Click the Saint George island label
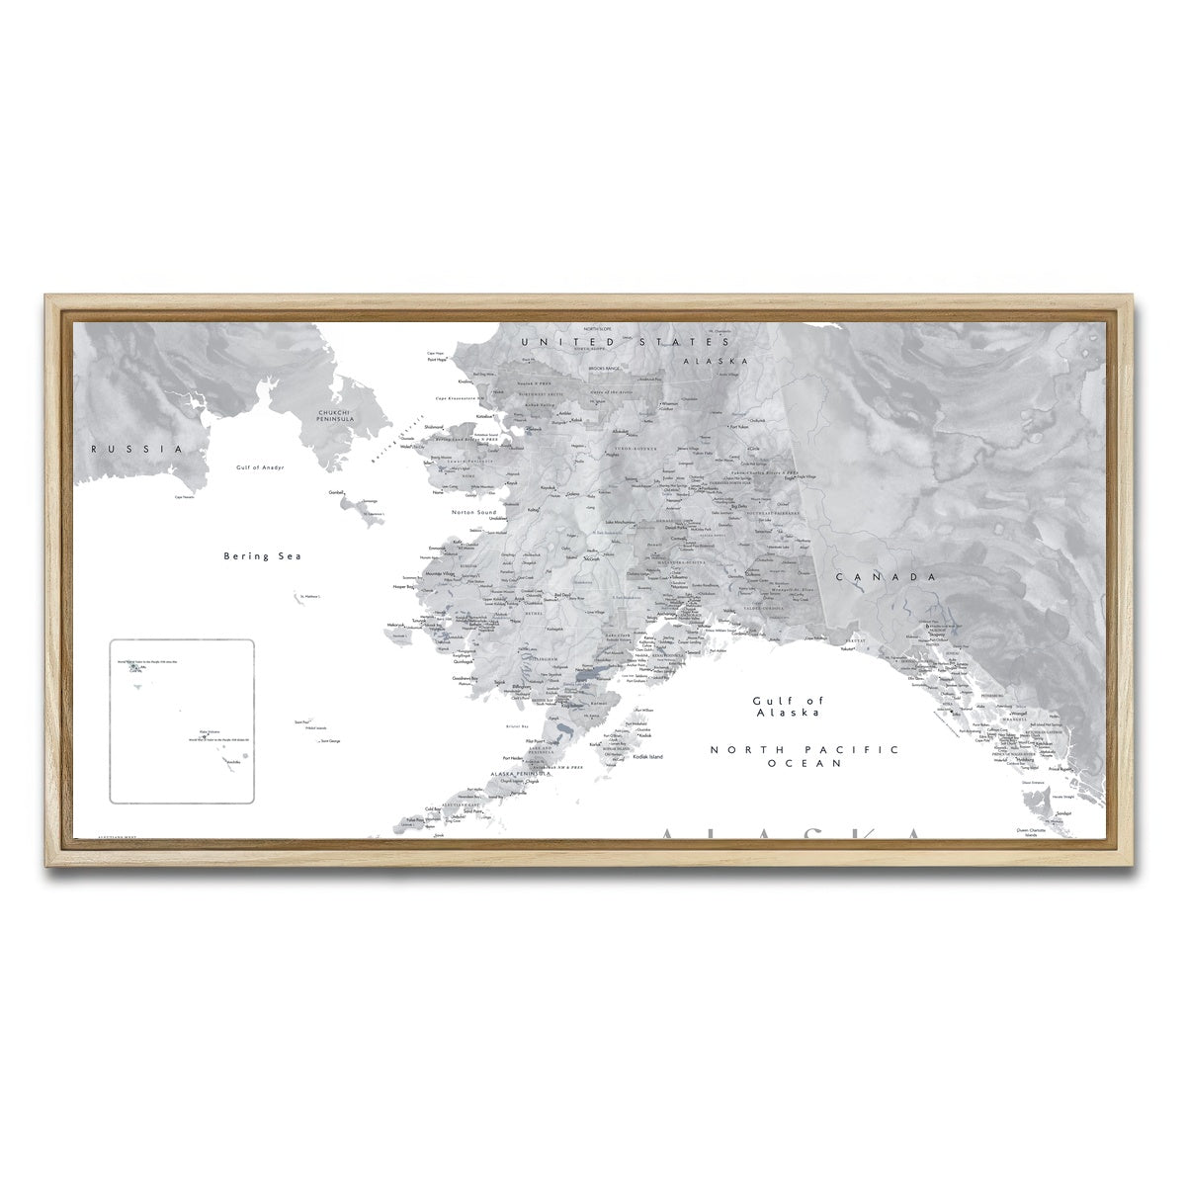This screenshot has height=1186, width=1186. pos(331,740)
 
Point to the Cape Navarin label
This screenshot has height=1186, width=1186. pos(184,497)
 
